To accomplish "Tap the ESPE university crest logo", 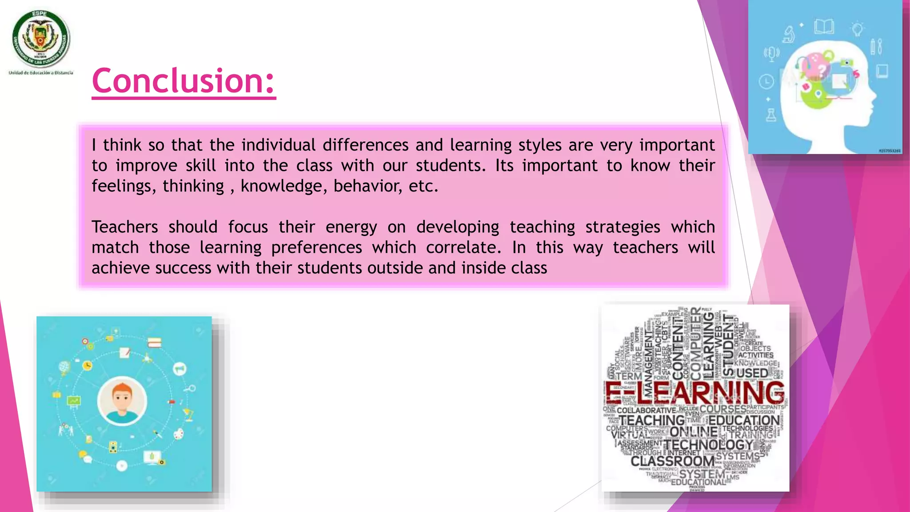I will [x=41, y=39].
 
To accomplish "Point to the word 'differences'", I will [x=365, y=145].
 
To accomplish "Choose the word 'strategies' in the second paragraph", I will [x=623, y=227].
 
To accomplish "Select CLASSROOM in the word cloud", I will [x=672, y=461].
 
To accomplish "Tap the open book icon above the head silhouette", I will [x=824, y=27].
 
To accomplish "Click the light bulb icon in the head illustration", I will [x=857, y=29].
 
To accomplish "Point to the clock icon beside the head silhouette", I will [x=766, y=82].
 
